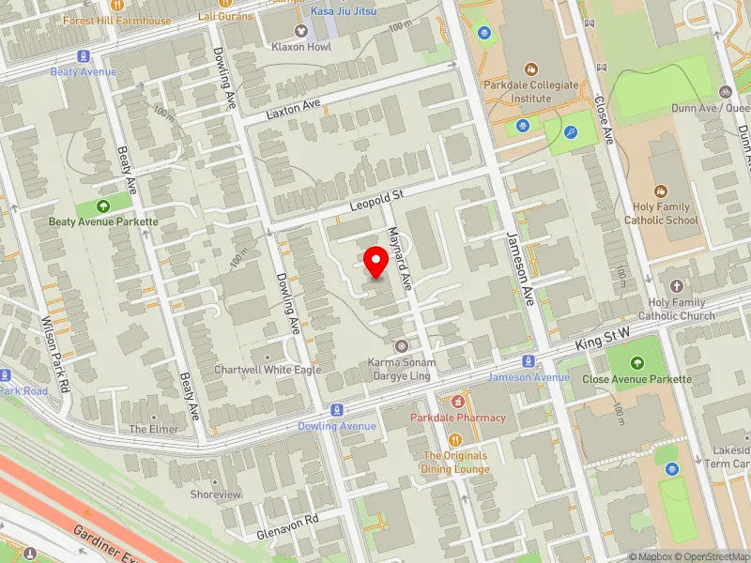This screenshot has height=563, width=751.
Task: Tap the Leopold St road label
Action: pos(375,197)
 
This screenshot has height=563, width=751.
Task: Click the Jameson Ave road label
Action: pos(520,268)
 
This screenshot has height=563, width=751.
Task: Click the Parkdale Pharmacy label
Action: pos(457,418)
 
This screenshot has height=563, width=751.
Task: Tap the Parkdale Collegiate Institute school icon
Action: pos(532,69)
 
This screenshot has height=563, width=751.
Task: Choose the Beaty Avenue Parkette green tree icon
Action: pos(103,206)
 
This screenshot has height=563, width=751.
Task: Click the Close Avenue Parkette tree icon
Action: pos(637,363)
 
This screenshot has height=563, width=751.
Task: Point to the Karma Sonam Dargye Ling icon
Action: pos(401,346)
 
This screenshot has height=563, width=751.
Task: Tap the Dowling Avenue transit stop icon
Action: pos(336,410)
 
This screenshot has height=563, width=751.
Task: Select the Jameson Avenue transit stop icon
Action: pos(529,361)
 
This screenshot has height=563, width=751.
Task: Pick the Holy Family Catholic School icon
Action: pos(662,190)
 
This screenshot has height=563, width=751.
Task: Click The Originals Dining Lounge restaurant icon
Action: pos(455,439)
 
